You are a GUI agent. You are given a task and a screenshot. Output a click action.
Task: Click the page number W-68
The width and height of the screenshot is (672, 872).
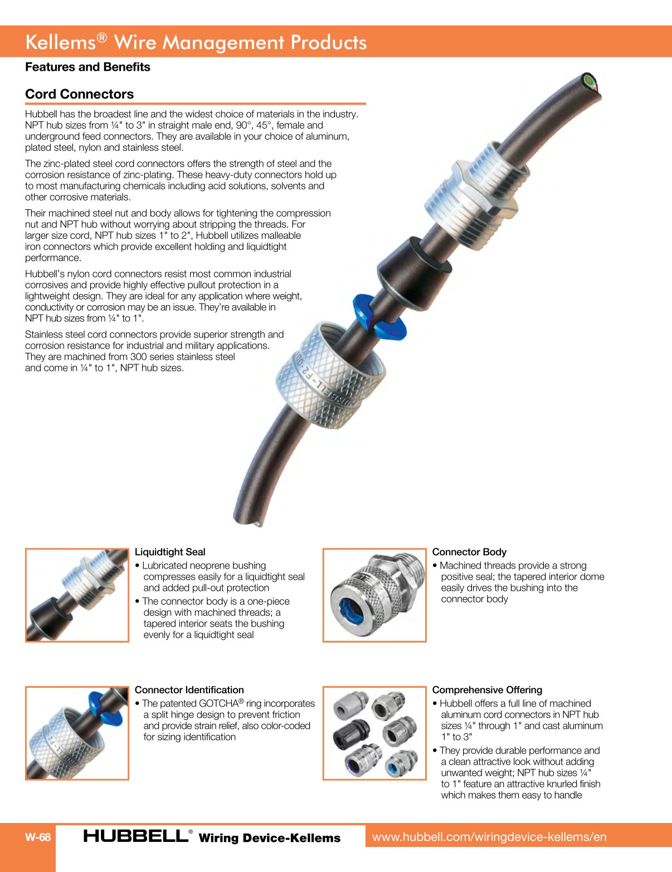pyautogui.click(x=38, y=837)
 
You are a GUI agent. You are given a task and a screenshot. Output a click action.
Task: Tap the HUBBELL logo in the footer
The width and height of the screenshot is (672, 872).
pyautogui.click(x=136, y=836)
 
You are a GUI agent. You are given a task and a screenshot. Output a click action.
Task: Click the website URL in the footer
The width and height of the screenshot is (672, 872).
pyautogui.click(x=489, y=836)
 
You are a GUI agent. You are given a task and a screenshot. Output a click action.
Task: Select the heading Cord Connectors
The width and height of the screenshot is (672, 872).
pyautogui.click(x=80, y=94)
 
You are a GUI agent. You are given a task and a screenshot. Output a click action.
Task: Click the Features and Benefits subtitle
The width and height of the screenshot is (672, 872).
pyautogui.click(x=87, y=67)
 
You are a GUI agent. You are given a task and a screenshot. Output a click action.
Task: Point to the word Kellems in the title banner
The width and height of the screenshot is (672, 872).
pyautogui.click(x=60, y=42)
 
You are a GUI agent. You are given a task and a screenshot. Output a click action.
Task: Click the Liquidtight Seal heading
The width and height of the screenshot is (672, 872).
pyautogui.click(x=170, y=552)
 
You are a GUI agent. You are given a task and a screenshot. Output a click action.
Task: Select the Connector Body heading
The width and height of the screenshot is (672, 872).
pyautogui.click(x=469, y=552)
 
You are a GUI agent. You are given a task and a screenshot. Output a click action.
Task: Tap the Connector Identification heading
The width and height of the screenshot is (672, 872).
pyautogui.click(x=189, y=690)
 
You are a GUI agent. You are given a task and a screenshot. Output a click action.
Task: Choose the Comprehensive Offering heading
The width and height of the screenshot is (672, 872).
pyautogui.click(x=487, y=690)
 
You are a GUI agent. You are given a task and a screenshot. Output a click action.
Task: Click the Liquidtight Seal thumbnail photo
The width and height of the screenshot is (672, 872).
pyautogui.click(x=77, y=595)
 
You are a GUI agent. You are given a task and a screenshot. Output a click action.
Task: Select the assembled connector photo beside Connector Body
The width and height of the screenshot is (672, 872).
pyautogui.click(x=374, y=595)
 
